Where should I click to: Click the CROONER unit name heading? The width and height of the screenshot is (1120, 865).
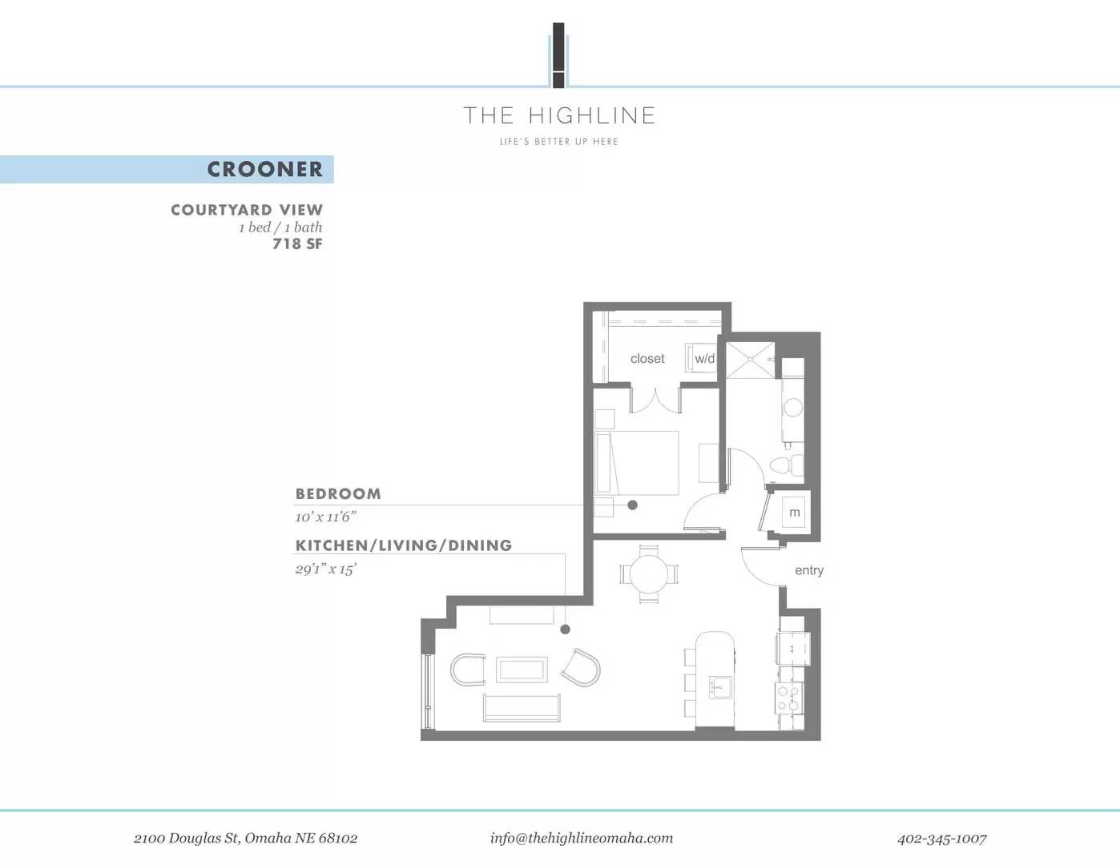click(x=265, y=169)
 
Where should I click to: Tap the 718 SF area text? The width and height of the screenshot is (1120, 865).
click(x=297, y=243)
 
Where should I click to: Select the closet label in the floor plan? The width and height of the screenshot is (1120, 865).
click(x=647, y=359)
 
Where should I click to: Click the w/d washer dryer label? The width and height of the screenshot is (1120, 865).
click(x=704, y=359)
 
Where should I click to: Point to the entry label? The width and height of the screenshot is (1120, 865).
click(x=809, y=570)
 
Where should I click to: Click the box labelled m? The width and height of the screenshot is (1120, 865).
click(x=795, y=512)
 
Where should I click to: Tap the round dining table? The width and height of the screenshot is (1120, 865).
click(x=649, y=574)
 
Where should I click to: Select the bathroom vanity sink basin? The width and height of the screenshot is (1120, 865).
click(x=793, y=408)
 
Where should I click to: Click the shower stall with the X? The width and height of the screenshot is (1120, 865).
click(x=750, y=360)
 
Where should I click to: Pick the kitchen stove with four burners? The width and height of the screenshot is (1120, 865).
click(x=789, y=698)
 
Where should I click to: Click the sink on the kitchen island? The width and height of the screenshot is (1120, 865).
click(x=720, y=687)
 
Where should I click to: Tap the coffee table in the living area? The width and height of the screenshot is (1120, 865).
click(x=522, y=670)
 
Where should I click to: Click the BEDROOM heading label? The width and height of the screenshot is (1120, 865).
click(x=338, y=494)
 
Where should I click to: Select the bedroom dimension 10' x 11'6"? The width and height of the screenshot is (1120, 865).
click(x=326, y=517)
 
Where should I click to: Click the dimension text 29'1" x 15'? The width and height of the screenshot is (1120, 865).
click(x=326, y=569)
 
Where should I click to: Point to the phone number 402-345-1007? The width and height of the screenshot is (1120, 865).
click(x=942, y=839)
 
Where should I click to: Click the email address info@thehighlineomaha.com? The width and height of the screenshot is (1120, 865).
click(x=582, y=839)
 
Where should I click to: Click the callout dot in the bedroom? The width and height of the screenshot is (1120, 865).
click(x=632, y=505)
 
